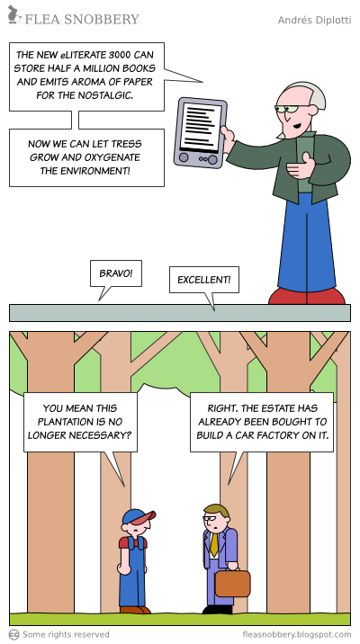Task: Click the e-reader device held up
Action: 200,132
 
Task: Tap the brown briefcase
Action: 232,584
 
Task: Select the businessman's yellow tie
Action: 214,544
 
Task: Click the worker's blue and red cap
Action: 139,516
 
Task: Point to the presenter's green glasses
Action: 291,109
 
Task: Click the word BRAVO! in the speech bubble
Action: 116,273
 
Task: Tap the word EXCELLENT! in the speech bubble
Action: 203,280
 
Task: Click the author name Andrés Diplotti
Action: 314,20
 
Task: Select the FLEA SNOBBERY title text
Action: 82,19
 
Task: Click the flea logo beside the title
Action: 14,14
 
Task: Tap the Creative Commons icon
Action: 14,634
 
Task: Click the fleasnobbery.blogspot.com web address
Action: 297,634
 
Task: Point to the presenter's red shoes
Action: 307,296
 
